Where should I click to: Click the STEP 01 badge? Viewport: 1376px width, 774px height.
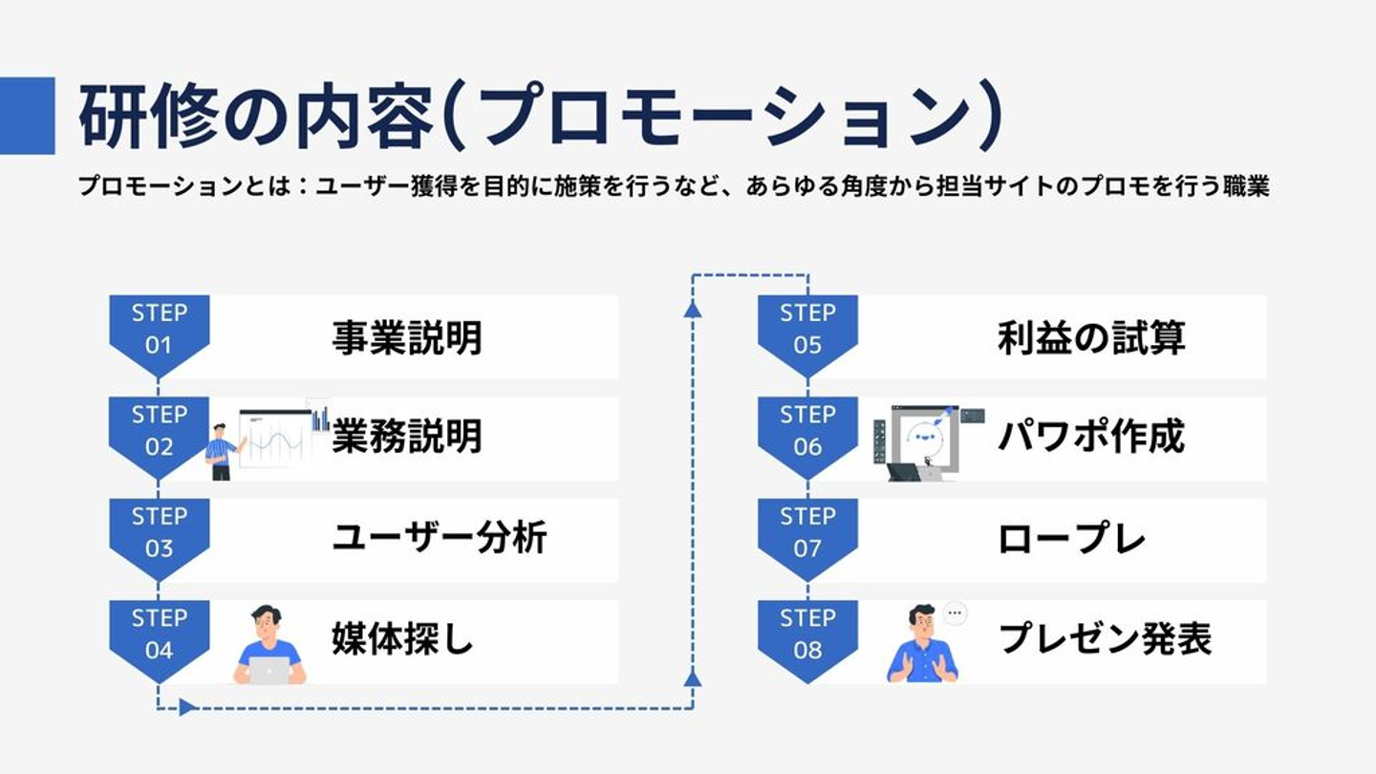[159, 330]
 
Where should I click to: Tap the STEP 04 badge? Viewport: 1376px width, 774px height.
[159, 634]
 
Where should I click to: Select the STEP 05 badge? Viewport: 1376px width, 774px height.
[807, 330]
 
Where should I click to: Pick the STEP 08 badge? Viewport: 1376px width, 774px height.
[807, 634]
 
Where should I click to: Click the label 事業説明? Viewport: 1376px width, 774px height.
[407, 338]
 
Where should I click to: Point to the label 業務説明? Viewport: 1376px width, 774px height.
[407, 438]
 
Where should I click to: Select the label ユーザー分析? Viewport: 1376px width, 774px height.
[439, 539]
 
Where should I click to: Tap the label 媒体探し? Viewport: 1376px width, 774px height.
[402, 639]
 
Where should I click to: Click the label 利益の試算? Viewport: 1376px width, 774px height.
[1091, 338]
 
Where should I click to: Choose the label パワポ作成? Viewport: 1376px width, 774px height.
[1091, 438]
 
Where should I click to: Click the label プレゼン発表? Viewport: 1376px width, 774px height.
[1105, 639]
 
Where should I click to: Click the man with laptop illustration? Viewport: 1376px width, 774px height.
[269, 645]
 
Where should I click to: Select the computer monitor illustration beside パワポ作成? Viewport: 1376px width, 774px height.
[925, 440]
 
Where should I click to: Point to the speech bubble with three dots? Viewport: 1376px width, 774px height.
[955, 613]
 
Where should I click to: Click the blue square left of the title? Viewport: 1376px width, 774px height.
[27, 115]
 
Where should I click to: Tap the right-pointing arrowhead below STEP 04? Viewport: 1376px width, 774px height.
[187, 708]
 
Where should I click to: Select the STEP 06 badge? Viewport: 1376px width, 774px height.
[807, 432]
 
